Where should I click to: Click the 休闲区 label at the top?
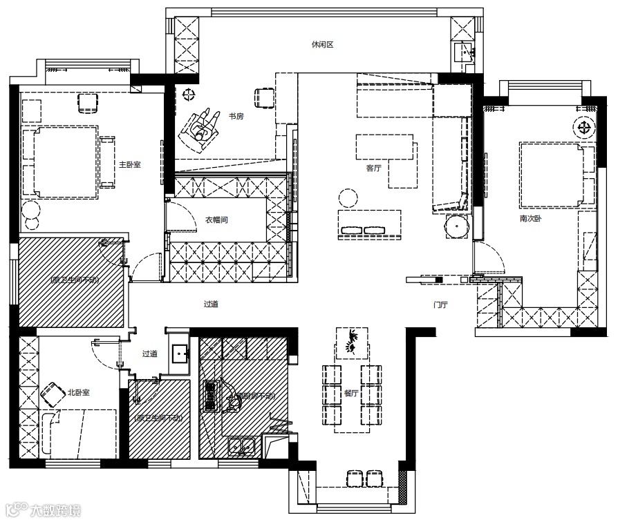(322, 45)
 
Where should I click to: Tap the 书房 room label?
(236, 116)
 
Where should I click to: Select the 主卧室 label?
(129, 164)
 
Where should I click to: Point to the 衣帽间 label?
(216, 220)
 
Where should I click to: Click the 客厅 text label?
(374, 168)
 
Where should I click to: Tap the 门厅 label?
(440, 304)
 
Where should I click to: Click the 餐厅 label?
(351, 394)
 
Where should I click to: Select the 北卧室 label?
(78, 392)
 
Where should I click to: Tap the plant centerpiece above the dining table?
(351, 342)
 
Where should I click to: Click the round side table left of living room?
(347, 198)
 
